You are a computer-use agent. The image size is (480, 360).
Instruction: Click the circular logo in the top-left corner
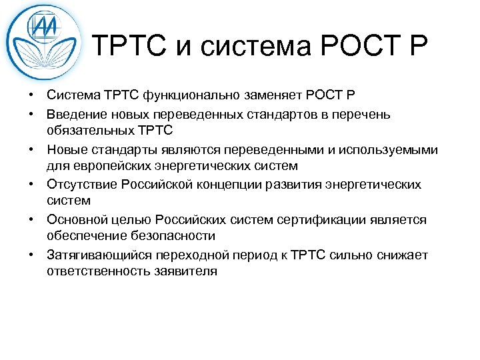(x=44, y=42)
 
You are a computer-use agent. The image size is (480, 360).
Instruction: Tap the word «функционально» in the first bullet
(x=190, y=97)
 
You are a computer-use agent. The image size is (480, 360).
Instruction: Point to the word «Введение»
(x=73, y=115)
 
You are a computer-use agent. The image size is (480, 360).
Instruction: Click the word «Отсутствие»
(x=80, y=184)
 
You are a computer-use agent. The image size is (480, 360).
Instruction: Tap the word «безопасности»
(x=179, y=235)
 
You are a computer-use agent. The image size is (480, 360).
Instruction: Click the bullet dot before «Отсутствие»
(x=31, y=184)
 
